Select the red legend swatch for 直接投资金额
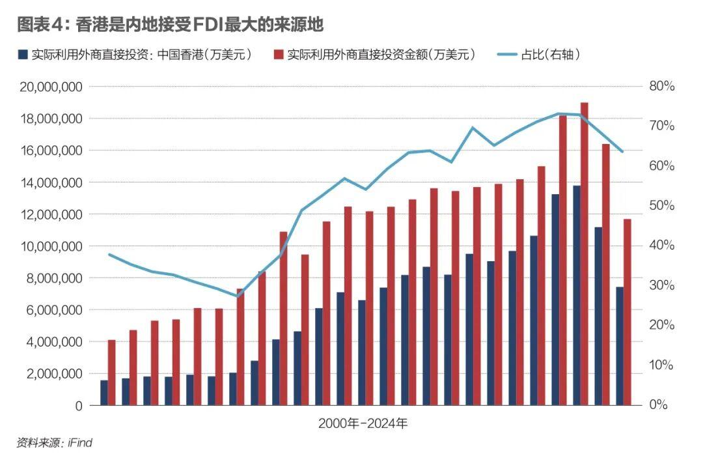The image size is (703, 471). pos(279,55)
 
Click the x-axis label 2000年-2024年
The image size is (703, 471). pos(363,423)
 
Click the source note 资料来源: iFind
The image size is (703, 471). pos(55,443)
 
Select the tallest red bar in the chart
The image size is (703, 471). pos(584,254)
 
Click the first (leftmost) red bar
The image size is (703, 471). pos(111,372)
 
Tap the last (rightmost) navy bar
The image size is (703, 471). pos(620,346)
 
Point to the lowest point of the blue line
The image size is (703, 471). pos(238,296)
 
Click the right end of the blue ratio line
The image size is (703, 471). pos(622,152)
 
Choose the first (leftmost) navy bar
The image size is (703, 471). pos(104,392)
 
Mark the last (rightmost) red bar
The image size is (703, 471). pos(627,312)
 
